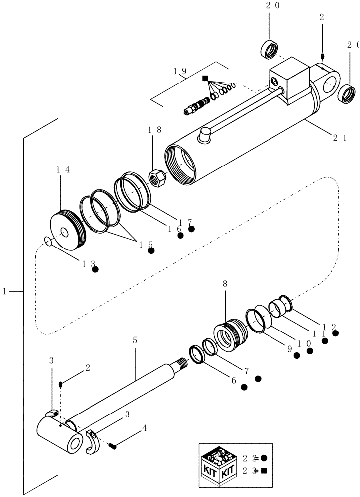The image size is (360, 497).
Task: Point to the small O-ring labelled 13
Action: click(47, 242)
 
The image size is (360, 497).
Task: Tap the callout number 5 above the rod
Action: click(135, 341)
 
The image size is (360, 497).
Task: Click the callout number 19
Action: click(180, 71)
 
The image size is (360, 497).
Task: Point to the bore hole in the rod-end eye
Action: click(76, 442)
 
